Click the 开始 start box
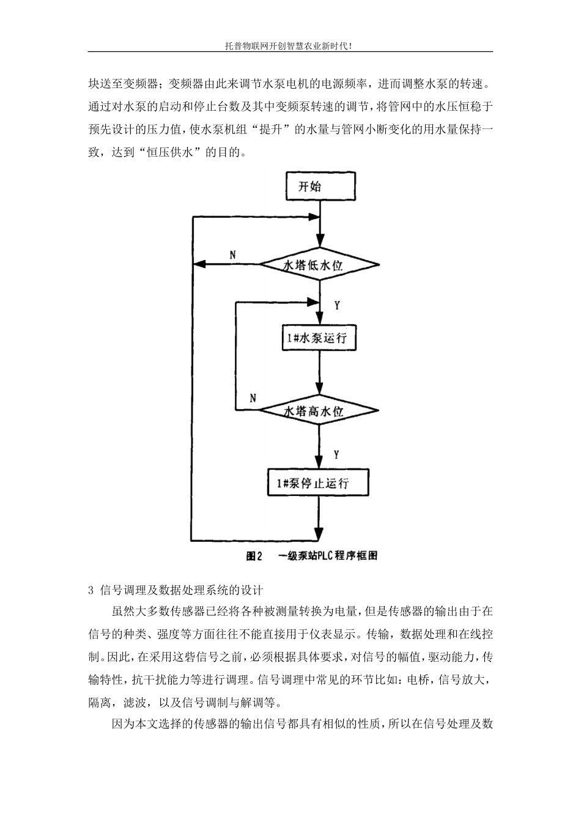point(320,186)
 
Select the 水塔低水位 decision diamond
point(320,265)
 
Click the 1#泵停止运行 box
point(318,484)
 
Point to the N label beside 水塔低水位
point(232,254)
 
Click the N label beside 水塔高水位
point(253,398)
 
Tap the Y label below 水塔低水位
point(337,304)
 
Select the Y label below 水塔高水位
point(337,454)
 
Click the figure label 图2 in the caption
point(253,556)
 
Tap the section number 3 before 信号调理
point(91,590)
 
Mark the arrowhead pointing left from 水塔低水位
point(197,265)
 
